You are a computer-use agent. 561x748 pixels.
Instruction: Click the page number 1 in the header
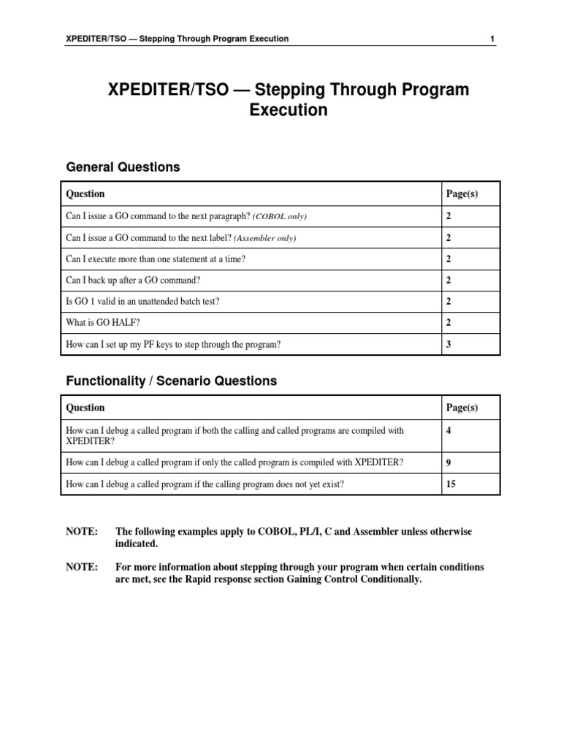click(x=494, y=39)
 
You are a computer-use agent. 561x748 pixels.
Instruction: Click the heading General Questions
click(x=123, y=167)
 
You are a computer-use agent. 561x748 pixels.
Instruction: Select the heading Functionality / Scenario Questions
click(x=172, y=381)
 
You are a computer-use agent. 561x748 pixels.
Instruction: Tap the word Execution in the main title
click(x=289, y=111)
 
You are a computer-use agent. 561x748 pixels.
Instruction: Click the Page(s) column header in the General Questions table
click(x=462, y=194)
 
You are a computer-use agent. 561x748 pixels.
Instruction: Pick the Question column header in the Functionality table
click(x=85, y=408)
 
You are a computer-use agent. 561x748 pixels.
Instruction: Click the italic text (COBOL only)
click(x=280, y=217)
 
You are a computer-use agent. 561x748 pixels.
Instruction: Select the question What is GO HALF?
click(x=102, y=323)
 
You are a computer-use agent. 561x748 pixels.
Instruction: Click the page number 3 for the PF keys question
click(x=449, y=344)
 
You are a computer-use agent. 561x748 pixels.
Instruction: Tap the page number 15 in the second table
click(x=451, y=484)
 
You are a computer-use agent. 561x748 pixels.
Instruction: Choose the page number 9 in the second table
click(x=449, y=462)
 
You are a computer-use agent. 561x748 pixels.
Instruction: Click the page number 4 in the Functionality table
click(x=449, y=431)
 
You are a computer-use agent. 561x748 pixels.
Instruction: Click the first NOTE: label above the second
click(x=82, y=532)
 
